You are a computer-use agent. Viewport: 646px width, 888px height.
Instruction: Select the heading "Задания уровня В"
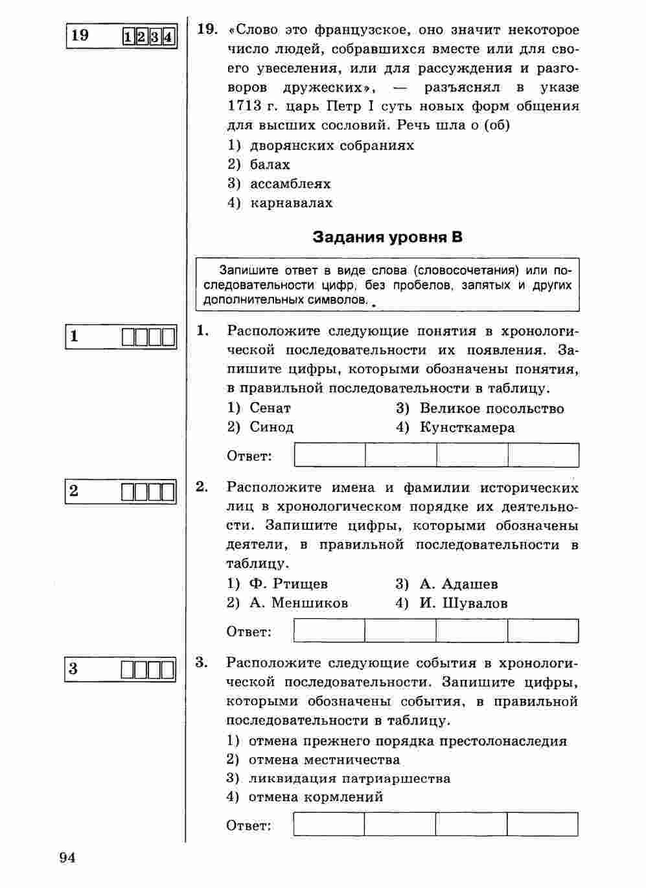(x=387, y=237)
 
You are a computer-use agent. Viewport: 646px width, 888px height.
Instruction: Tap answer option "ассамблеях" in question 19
(x=290, y=183)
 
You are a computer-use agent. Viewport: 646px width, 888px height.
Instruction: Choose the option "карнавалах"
(x=292, y=203)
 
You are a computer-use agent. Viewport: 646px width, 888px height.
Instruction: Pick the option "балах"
(x=270, y=165)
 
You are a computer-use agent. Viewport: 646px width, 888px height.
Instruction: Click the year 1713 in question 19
(x=244, y=106)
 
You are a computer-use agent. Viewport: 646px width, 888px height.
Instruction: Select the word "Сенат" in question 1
(x=270, y=408)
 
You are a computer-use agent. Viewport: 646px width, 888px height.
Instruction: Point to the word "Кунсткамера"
(x=467, y=428)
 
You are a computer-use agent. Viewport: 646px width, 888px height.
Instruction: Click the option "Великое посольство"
(x=492, y=408)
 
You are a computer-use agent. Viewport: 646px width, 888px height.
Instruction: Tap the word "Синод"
(x=271, y=428)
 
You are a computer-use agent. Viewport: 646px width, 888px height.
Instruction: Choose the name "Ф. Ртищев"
(x=288, y=584)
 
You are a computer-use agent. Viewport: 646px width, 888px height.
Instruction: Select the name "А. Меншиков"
(x=299, y=603)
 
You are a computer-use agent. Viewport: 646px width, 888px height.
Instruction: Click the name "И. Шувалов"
(x=463, y=603)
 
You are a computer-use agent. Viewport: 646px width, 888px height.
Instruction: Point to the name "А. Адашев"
(x=459, y=584)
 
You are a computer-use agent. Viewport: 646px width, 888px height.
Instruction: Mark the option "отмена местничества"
(x=324, y=760)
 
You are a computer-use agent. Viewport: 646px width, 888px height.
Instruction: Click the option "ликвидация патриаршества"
(x=349, y=778)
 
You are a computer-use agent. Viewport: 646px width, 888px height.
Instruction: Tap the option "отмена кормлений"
(x=316, y=797)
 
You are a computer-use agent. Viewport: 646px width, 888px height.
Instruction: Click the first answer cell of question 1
(x=330, y=455)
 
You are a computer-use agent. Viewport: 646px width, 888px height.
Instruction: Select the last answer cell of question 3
(x=542, y=824)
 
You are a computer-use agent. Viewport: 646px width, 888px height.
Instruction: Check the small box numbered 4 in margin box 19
(x=168, y=36)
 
